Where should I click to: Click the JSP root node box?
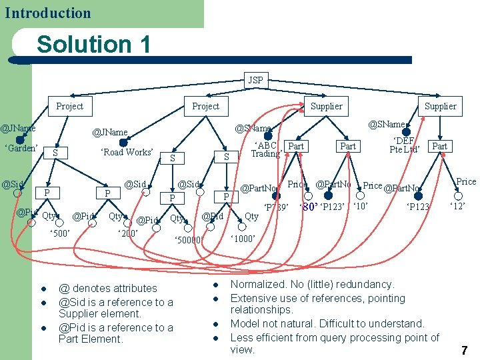point(255,80)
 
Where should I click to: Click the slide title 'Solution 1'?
point(93,45)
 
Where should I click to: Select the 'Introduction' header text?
point(47,13)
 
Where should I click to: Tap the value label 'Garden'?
point(21,148)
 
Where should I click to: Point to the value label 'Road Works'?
point(127,152)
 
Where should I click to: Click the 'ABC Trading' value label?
point(265,150)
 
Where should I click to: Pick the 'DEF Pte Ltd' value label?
point(405,145)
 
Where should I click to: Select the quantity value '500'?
point(60,233)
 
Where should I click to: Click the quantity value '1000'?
point(243,238)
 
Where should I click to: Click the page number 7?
point(464,349)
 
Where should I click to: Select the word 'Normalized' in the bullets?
point(256,285)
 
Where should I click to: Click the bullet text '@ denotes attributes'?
point(108,289)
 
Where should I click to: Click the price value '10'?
point(361,206)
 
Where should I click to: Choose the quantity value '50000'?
point(188,239)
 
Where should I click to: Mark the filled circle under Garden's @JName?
point(19,139)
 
